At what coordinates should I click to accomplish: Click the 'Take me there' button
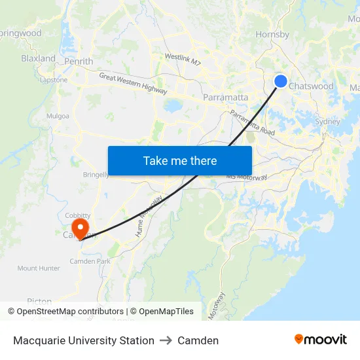click(179, 160)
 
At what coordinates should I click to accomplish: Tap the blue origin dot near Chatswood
click(280, 81)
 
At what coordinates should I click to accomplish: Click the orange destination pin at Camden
click(81, 228)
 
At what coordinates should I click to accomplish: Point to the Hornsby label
click(272, 34)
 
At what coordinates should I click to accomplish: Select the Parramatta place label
click(226, 98)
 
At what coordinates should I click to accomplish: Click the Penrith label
click(79, 62)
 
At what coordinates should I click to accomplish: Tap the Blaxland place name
click(38, 58)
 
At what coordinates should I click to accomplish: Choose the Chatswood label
click(311, 86)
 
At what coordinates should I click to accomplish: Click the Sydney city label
click(327, 122)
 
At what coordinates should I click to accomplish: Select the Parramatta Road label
click(252, 122)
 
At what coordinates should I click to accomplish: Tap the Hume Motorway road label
click(149, 215)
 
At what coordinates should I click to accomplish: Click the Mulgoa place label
click(58, 116)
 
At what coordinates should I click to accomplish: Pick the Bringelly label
click(96, 175)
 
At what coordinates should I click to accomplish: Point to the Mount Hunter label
click(39, 268)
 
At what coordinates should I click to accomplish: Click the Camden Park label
click(90, 261)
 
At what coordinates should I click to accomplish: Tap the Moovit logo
click(320, 340)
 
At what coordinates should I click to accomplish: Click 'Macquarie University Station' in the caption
click(84, 340)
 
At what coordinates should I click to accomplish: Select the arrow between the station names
click(166, 340)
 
